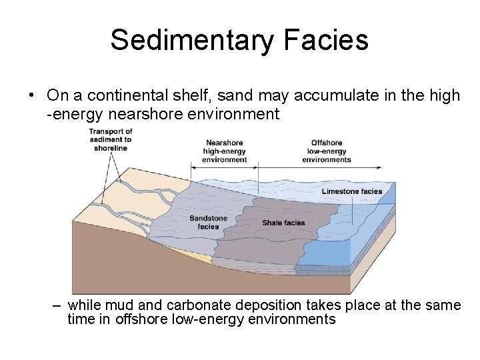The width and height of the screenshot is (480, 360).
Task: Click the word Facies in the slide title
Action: (x=326, y=40)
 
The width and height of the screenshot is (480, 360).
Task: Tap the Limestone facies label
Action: (x=352, y=191)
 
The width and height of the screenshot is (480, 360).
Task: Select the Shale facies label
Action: (x=283, y=223)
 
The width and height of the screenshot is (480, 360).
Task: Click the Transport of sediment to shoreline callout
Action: (x=110, y=139)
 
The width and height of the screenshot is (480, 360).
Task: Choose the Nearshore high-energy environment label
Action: (x=224, y=151)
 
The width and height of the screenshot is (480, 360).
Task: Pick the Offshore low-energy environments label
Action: (x=326, y=151)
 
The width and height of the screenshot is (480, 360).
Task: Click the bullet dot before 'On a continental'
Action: (x=31, y=96)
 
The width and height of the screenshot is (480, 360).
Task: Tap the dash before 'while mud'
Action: (x=57, y=305)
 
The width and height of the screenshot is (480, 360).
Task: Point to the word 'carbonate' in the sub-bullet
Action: (x=197, y=305)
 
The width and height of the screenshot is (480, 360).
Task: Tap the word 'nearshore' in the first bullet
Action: (x=141, y=114)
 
